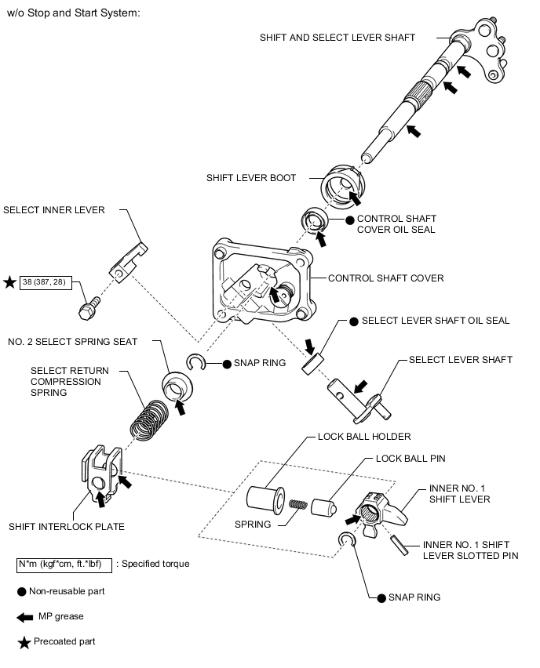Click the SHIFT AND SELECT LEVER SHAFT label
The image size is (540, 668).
[337, 38]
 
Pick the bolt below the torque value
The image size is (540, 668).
[87, 307]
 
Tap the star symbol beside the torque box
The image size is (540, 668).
[9, 281]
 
